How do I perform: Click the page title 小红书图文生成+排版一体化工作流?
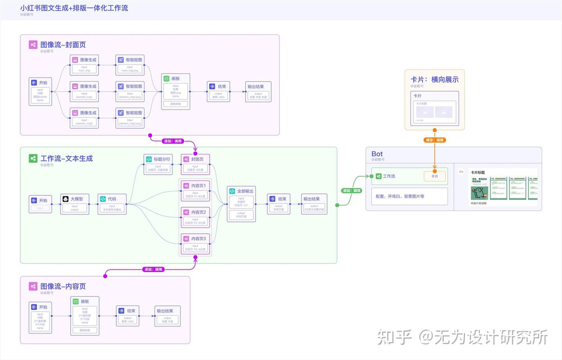click(x=74, y=8)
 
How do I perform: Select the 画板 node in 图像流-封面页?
click(x=176, y=91)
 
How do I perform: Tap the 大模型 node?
click(x=75, y=204)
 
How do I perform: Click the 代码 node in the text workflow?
click(x=112, y=204)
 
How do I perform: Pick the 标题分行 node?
click(x=158, y=164)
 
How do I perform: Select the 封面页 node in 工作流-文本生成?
click(x=195, y=164)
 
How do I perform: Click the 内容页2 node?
click(x=195, y=217)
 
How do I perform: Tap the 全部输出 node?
click(x=241, y=204)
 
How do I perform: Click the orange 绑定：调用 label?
click(x=434, y=140)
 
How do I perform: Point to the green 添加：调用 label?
click(x=352, y=191)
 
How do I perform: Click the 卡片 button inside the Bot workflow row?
click(x=434, y=176)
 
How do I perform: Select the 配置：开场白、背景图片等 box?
click(x=409, y=196)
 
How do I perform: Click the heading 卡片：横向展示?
click(x=434, y=80)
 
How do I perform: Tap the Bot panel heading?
click(x=377, y=154)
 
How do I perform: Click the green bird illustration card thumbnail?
click(x=479, y=188)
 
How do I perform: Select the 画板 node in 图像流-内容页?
click(x=85, y=316)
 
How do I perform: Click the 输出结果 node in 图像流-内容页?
click(x=167, y=316)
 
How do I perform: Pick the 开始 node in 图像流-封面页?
click(x=40, y=91)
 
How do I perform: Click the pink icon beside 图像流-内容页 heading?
click(x=33, y=286)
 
